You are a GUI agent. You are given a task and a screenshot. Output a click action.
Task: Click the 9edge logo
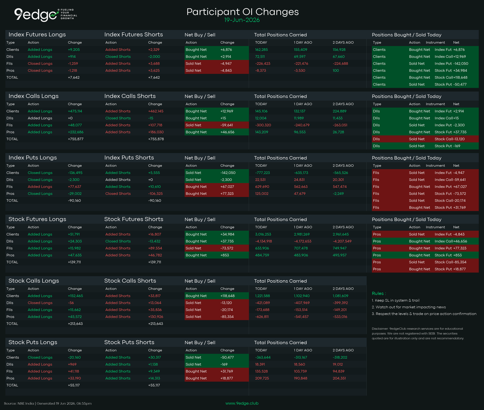(x=46, y=15)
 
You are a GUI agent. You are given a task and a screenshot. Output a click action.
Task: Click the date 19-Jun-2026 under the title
(x=242, y=20)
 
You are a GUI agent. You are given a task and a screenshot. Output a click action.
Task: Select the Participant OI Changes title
(x=242, y=12)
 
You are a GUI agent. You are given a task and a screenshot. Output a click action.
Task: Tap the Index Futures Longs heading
(x=37, y=35)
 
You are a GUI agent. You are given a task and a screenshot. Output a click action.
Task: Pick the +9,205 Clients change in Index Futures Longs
(x=74, y=50)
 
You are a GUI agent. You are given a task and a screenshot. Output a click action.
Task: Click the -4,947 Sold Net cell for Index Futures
(x=226, y=63)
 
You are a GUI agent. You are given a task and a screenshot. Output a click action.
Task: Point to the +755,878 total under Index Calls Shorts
(x=156, y=139)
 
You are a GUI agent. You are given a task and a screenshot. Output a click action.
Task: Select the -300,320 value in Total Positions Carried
(x=263, y=125)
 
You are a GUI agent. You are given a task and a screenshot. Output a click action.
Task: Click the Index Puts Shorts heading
(x=129, y=158)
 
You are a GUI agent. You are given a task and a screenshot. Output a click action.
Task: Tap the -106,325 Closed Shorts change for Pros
(x=155, y=194)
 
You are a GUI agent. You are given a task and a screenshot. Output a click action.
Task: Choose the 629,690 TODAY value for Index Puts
(x=262, y=187)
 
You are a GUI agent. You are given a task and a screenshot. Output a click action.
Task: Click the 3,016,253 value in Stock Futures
(x=263, y=234)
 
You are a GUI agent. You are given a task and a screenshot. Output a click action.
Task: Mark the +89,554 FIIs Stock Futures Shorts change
(x=155, y=248)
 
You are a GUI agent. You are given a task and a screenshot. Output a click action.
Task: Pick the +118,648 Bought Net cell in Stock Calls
(x=227, y=296)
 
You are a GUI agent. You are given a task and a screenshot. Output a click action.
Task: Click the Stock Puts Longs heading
(x=33, y=342)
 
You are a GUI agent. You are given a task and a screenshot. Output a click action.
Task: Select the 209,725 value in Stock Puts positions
(x=262, y=379)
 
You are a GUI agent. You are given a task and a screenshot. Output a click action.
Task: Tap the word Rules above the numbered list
(x=378, y=293)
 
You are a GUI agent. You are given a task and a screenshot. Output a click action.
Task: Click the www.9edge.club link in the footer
(x=242, y=403)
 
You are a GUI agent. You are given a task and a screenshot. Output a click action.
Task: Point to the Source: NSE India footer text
(x=19, y=404)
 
